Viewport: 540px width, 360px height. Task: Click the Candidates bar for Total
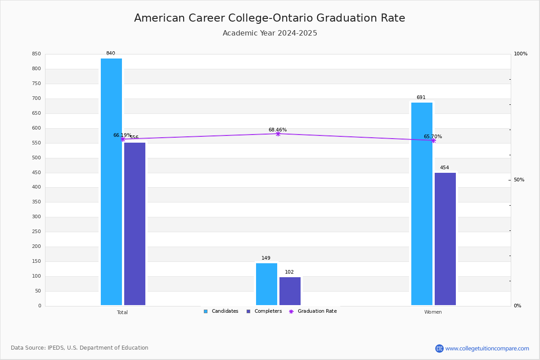click(x=112, y=182)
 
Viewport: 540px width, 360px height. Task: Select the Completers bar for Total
click(x=135, y=224)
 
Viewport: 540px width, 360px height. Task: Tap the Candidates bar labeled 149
click(x=266, y=284)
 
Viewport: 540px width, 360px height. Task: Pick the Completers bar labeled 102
click(x=290, y=291)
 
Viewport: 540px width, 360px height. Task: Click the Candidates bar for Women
click(x=422, y=204)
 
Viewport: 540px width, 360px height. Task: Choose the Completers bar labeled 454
click(x=445, y=239)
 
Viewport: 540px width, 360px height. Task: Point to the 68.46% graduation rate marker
click(x=278, y=134)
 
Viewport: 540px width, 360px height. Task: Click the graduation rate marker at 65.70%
click(x=433, y=140)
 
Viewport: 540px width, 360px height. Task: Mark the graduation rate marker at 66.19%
click(x=123, y=139)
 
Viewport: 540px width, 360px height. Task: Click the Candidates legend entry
click(x=221, y=311)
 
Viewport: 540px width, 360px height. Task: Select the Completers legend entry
click(x=264, y=311)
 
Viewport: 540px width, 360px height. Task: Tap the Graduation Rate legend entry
click(x=313, y=311)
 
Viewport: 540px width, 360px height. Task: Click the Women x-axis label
click(x=433, y=312)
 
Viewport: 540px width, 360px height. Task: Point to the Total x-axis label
click(x=122, y=312)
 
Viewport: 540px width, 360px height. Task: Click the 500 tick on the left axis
click(x=36, y=157)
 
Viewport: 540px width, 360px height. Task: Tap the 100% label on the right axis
click(x=521, y=54)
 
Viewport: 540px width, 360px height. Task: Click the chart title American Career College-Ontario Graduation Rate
click(x=270, y=18)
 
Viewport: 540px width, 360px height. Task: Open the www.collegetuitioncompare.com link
click(x=487, y=348)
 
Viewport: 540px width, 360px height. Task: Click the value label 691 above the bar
click(x=421, y=97)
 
